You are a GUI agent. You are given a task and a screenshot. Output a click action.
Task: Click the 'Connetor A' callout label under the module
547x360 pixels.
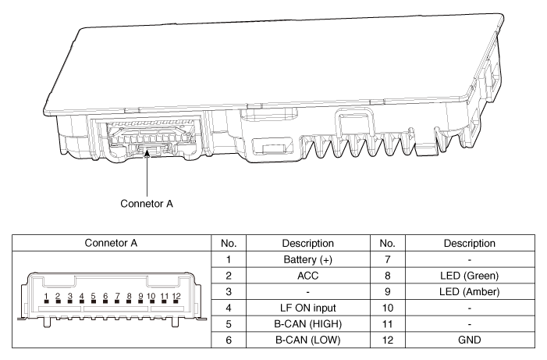coord(147,204)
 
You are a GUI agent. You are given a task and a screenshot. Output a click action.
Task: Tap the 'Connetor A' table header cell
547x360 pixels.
coord(107,243)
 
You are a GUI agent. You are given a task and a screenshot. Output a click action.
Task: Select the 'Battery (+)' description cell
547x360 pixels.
coord(300,259)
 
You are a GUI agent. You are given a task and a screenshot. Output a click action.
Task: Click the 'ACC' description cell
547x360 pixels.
coord(300,276)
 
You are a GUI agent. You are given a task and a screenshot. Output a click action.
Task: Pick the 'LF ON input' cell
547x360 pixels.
coord(300,308)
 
